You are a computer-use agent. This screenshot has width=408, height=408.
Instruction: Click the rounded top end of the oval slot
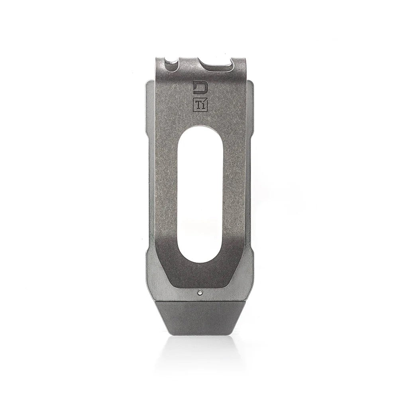(x=200, y=131)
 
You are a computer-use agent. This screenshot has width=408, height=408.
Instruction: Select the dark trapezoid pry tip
(x=199, y=317)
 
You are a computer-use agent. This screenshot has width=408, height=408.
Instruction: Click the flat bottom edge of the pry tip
(x=199, y=334)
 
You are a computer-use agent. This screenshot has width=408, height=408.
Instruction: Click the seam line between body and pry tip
(x=199, y=301)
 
